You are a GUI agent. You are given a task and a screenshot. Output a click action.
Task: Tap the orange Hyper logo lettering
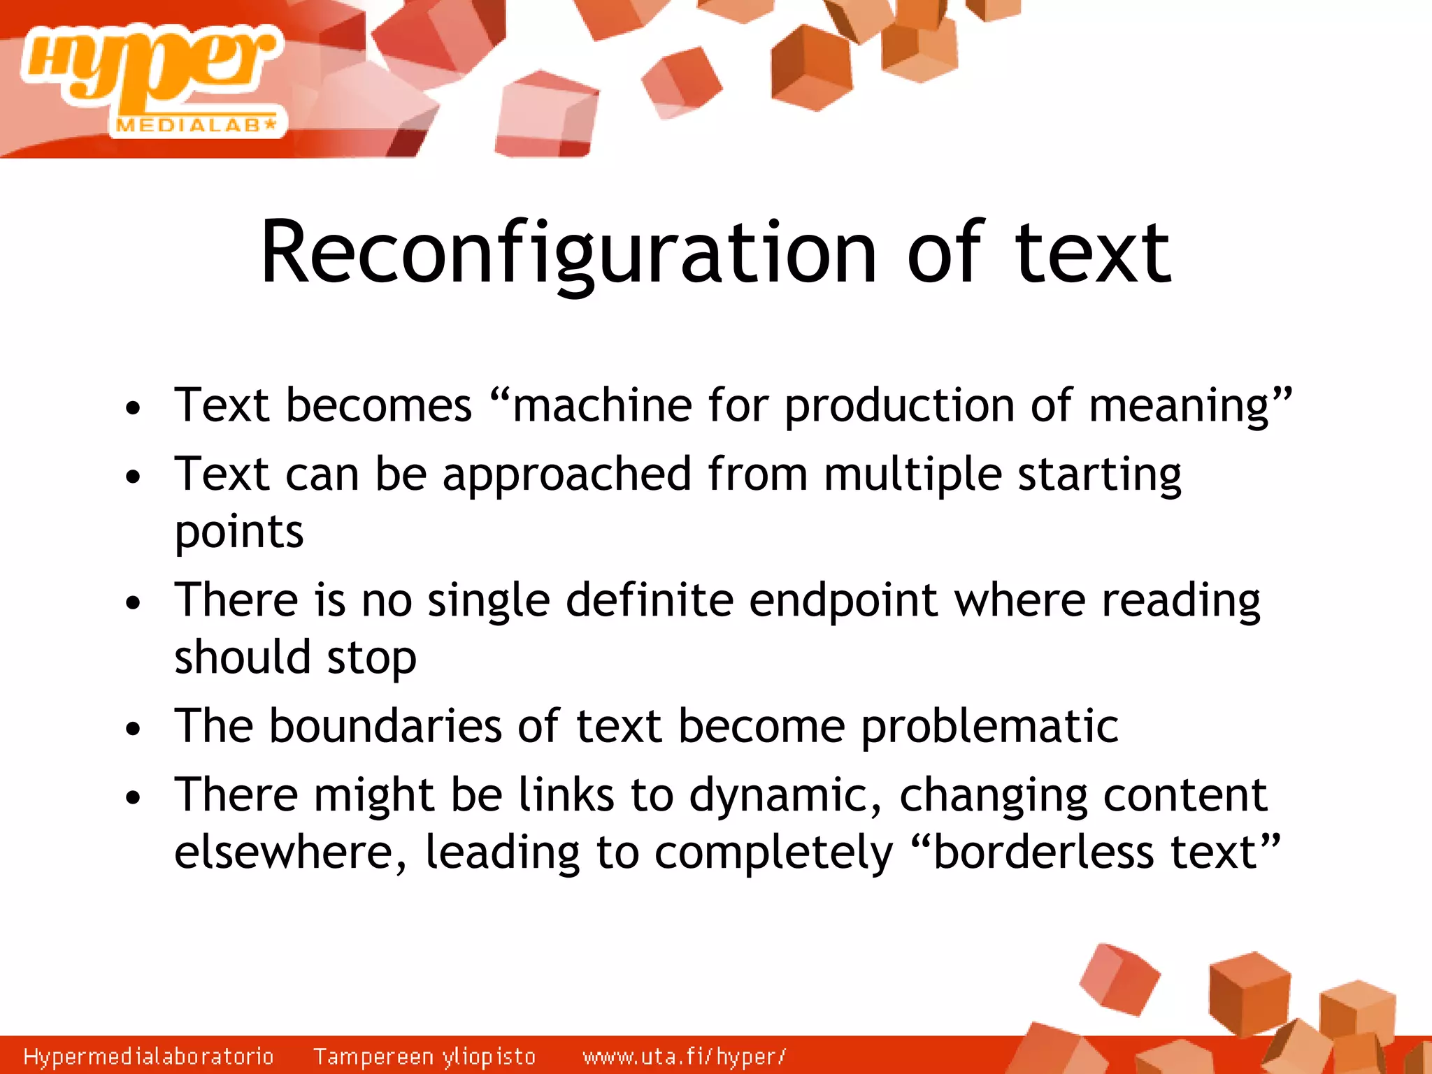click(x=150, y=66)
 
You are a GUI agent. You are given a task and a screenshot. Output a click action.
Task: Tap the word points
click(x=238, y=533)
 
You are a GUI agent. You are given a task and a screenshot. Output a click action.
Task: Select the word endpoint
click(x=843, y=601)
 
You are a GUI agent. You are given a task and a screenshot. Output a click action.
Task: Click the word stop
click(x=371, y=659)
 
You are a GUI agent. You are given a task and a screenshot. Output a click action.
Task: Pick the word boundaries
click(x=385, y=726)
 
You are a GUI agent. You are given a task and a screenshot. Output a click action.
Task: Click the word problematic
click(x=989, y=727)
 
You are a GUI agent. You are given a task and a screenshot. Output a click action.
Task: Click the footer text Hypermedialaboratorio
click(x=148, y=1056)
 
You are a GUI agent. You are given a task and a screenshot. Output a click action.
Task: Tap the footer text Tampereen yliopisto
click(x=424, y=1056)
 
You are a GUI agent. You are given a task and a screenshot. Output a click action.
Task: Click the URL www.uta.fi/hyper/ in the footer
click(x=684, y=1056)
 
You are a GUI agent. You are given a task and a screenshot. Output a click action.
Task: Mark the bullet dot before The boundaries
click(x=133, y=730)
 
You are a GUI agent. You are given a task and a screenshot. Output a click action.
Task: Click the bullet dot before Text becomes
click(x=133, y=408)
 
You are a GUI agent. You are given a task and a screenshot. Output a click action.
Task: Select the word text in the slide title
click(x=1092, y=253)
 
